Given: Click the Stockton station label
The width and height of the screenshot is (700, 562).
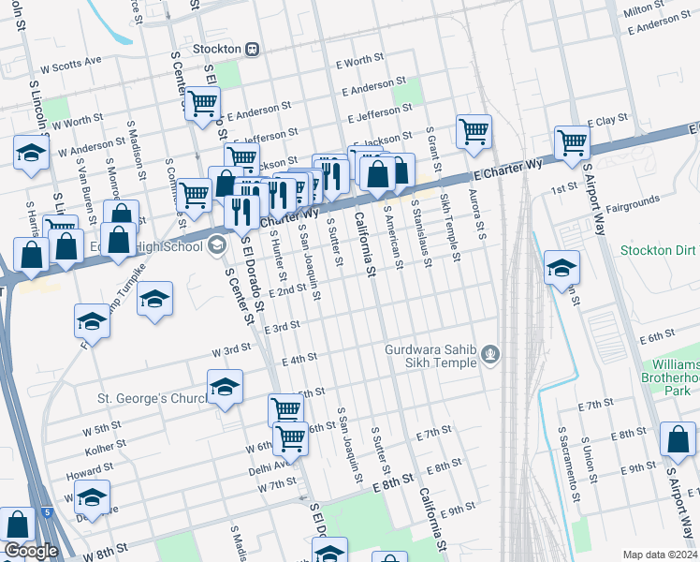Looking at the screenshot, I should pyautogui.click(x=217, y=49).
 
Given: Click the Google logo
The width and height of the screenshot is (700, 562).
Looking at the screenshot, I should pyautogui.click(x=31, y=551).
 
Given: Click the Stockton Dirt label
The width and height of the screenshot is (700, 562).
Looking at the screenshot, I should pyautogui.click(x=659, y=250).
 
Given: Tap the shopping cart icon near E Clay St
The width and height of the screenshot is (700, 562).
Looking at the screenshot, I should pyautogui.click(x=571, y=143).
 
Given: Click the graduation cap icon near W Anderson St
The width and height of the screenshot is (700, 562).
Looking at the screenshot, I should pyautogui.click(x=31, y=154).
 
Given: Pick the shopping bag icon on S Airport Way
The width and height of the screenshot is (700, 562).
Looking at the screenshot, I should pyautogui.click(x=678, y=439).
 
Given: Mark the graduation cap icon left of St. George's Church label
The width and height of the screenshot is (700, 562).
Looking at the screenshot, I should pyautogui.click(x=226, y=387).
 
